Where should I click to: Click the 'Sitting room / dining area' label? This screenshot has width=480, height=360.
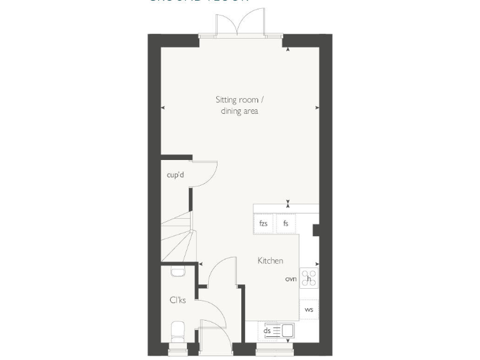(x=239, y=105)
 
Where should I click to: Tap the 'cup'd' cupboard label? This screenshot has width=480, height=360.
(x=175, y=175)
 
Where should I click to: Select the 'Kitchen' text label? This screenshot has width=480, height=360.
(x=270, y=261)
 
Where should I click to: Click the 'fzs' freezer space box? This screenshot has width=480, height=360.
(x=263, y=223)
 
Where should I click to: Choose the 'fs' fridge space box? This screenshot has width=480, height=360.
(x=286, y=223)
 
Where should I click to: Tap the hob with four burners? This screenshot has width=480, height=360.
(x=309, y=277)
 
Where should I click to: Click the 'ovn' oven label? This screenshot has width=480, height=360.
(x=291, y=279)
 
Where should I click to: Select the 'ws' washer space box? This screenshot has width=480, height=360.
(x=309, y=309)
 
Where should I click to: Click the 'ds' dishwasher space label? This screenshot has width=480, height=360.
(x=267, y=331)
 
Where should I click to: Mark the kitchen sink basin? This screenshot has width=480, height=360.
(x=288, y=330)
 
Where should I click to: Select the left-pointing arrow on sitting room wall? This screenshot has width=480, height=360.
(x=163, y=108)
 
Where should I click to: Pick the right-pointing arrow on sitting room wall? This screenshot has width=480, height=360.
(x=317, y=108)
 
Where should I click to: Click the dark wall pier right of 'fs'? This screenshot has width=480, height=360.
(x=316, y=231)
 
